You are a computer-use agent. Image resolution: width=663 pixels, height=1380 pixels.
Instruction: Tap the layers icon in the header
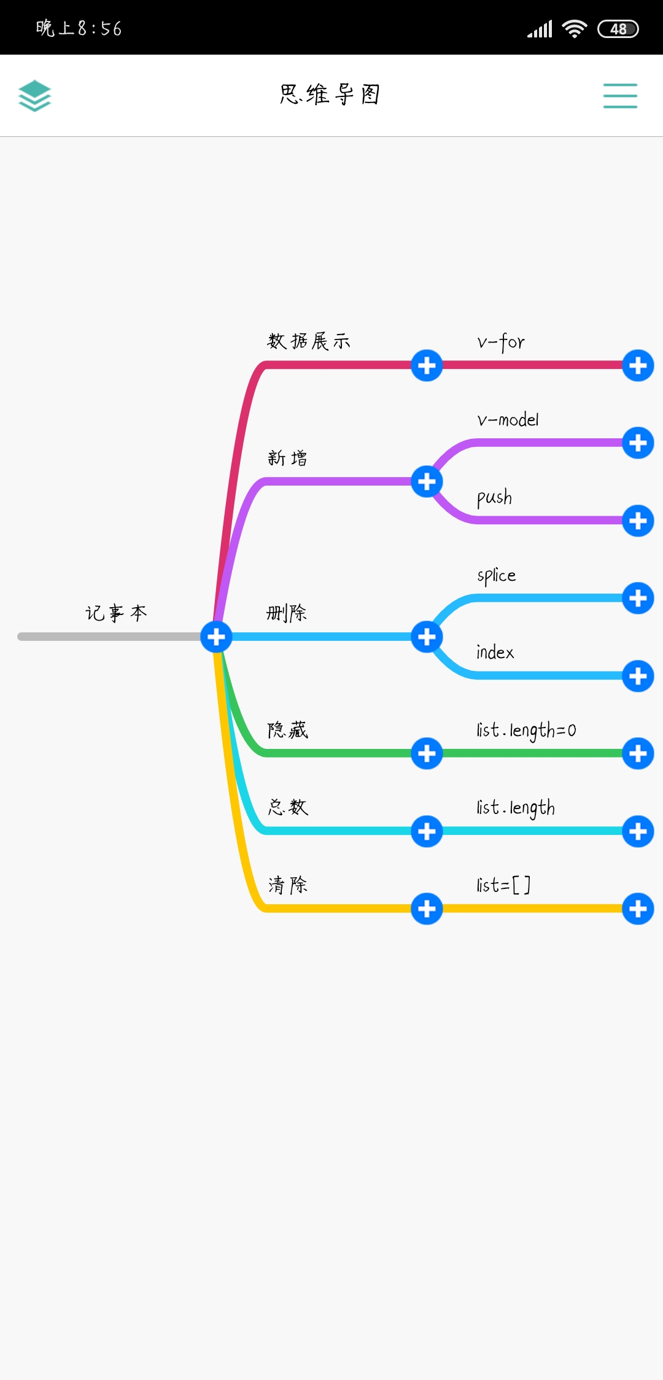point(34,96)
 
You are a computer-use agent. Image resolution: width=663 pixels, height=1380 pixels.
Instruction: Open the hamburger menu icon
point(620,96)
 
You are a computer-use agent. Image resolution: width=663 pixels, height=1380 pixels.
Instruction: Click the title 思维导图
point(330,95)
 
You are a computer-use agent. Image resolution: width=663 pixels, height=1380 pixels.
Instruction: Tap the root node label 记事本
point(116,613)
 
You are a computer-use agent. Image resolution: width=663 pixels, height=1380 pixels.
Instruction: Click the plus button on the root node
point(216,637)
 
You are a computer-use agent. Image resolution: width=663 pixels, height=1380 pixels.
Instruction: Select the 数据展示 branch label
point(309,341)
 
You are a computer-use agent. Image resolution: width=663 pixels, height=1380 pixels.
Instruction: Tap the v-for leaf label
point(501,342)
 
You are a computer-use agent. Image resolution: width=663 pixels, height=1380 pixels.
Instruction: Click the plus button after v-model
point(638,443)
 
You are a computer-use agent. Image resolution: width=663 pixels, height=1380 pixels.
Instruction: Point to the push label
point(494,497)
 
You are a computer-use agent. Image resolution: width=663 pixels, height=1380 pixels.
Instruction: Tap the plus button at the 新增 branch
point(427,481)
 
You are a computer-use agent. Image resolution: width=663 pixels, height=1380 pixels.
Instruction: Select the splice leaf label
point(496,575)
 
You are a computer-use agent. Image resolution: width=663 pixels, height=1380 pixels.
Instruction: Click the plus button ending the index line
point(638,676)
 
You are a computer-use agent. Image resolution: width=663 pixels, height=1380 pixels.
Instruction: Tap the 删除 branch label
point(287,613)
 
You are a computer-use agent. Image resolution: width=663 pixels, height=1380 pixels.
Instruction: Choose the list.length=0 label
point(526,730)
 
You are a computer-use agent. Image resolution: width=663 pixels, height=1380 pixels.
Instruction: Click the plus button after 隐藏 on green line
point(427,753)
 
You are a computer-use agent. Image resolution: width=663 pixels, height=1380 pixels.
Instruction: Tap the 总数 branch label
point(288,807)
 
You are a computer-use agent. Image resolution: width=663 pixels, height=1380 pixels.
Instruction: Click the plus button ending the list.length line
point(638,831)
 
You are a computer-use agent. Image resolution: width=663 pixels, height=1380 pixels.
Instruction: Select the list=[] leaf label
point(503,885)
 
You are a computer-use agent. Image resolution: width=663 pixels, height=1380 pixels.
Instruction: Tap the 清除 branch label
point(288,885)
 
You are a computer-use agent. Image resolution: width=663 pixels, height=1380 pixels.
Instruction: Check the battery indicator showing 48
point(618,29)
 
